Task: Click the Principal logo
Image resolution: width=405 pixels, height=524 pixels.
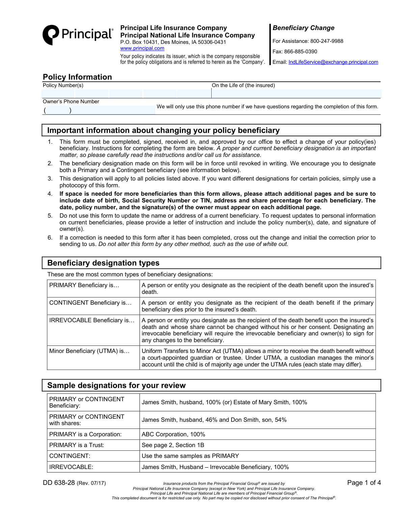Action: [78, 35]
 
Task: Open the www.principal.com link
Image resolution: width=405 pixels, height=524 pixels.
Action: [142, 48]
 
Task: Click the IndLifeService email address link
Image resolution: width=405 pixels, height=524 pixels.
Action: [333, 62]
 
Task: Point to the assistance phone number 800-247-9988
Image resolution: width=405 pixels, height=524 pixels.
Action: [327, 41]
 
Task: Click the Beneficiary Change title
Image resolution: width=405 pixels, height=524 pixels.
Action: [303, 28]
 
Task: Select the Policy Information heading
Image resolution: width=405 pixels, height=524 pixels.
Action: [77, 77]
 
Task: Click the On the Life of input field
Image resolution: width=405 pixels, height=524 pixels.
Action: [296, 93]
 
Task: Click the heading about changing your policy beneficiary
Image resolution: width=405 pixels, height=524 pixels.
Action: [163, 130]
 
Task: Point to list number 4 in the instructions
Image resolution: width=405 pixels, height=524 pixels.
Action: [50, 194]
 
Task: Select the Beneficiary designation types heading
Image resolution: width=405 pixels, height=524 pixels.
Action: [103, 263]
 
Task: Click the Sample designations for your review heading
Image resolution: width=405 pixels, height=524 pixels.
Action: [116, 385]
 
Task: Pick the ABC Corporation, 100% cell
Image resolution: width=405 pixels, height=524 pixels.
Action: [173, 434]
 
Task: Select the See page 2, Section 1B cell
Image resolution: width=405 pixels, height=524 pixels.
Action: [173, 445]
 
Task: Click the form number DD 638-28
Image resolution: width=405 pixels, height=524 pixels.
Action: [59, 483]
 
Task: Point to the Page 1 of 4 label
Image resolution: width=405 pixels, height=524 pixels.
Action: [364, 483]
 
